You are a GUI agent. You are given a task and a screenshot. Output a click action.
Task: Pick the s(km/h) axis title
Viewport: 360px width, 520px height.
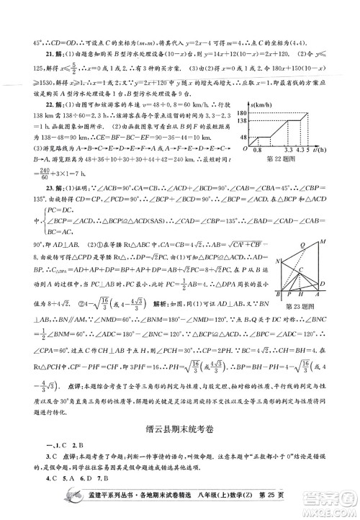click(278, 104)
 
